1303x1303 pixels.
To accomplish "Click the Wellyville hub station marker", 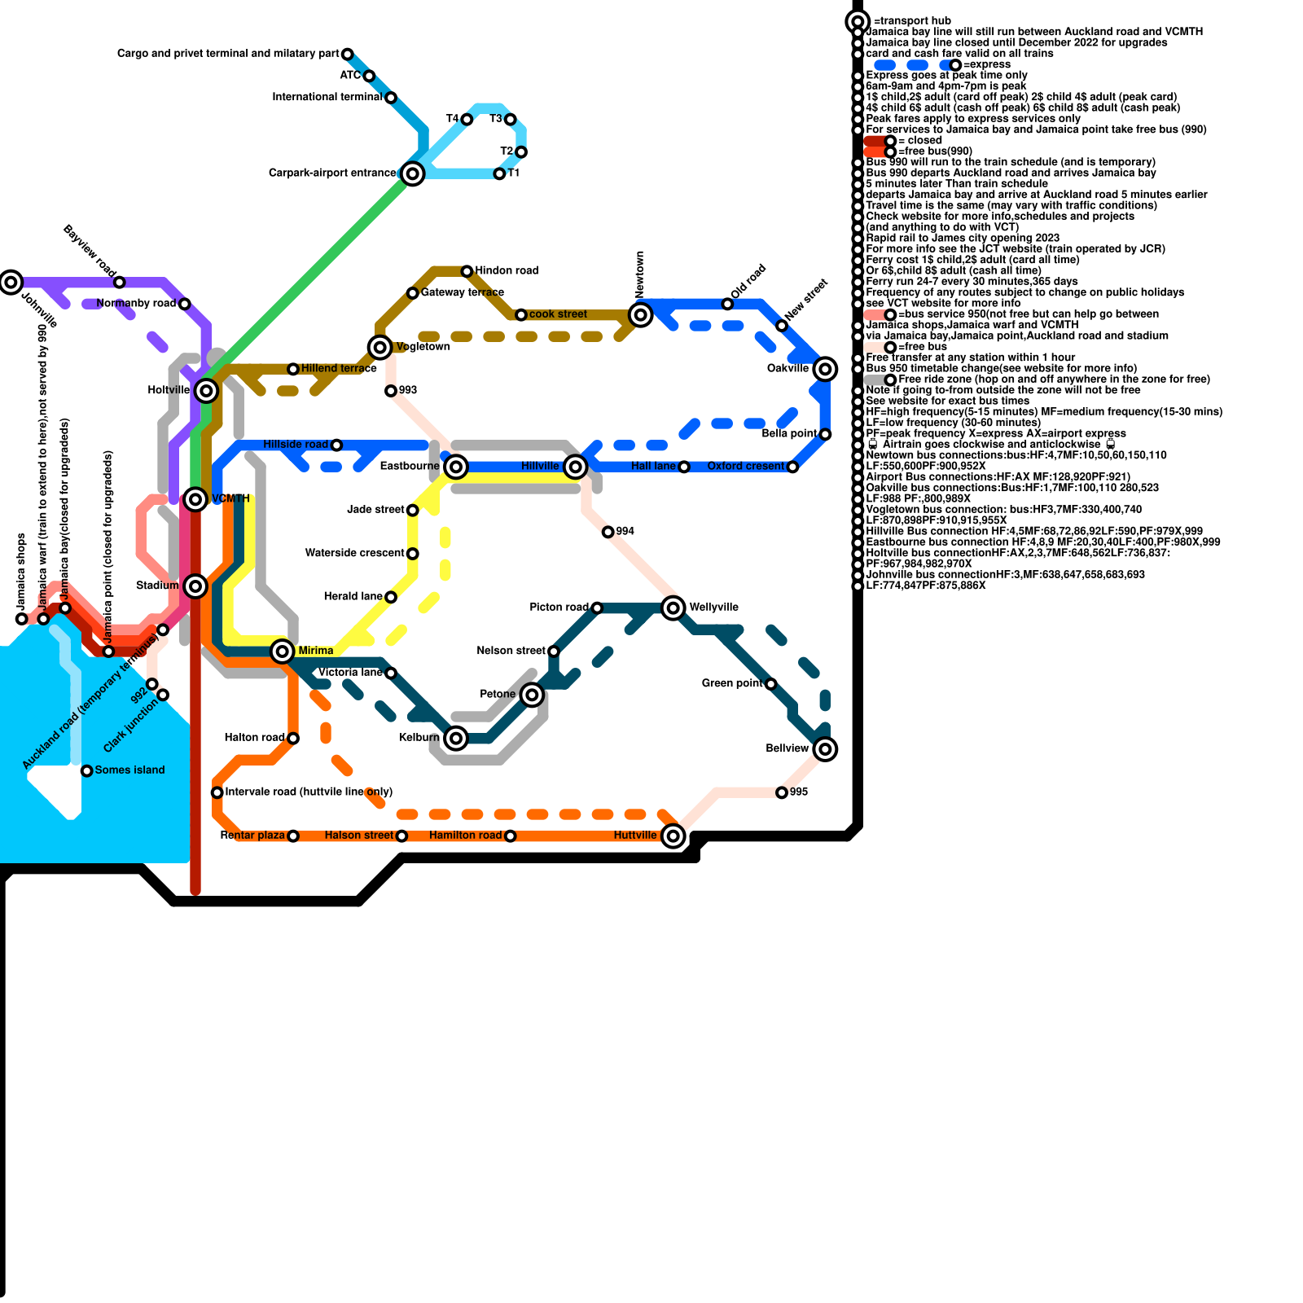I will (673, 608).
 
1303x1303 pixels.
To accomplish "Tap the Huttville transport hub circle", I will (673, 836).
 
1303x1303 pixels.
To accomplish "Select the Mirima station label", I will (316, 651).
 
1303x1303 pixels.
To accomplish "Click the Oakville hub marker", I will (825, 369).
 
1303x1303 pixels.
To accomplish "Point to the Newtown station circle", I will (641, 314).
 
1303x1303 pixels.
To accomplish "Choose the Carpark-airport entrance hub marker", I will (413, 173).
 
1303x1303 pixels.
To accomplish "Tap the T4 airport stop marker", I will (467, 120).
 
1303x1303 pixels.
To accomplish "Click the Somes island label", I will (129, 770).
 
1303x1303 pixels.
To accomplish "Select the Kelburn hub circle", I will (456, 738).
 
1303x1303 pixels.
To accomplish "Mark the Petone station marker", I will (532, 695).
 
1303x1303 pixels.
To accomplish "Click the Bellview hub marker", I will (825, 748).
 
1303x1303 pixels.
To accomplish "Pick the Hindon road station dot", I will (467, 271).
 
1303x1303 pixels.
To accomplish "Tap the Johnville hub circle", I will (11, 283).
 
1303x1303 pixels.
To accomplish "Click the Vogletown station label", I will (423, 347).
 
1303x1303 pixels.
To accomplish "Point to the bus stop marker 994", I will (608, 532).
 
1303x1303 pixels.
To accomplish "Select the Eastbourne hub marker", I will (456, 467).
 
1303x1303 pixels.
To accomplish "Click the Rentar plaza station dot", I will (293, 836).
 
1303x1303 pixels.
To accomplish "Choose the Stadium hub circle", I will (195, 586).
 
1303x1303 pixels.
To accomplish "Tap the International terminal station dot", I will (391, 98).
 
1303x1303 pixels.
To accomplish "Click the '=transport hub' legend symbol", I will (857, 21).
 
